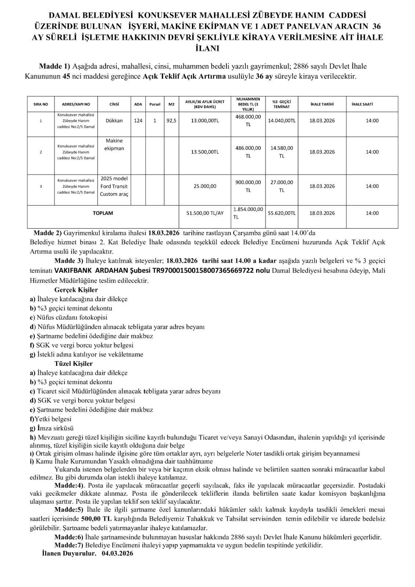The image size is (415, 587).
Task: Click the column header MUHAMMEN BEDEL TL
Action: point(248,104)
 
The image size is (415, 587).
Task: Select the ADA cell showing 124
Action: point(138,121)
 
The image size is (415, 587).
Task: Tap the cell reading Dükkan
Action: point(114,121)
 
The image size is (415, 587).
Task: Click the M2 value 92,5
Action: point(171,121)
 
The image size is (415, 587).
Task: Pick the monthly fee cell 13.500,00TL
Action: point(205,152)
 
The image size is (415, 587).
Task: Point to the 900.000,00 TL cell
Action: point(248,186)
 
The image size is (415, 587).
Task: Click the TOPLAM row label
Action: point(103,213)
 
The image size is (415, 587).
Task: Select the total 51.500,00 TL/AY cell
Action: point(205,213)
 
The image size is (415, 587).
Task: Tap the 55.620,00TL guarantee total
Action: point(281,213)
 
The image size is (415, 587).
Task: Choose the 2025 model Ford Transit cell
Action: point(114,186)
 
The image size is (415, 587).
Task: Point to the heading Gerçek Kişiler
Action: point(76,290)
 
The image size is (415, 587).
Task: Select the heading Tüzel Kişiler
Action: point(73,364)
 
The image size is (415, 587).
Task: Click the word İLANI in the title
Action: point(208,48)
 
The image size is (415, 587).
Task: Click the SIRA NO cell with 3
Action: point(40,186)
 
